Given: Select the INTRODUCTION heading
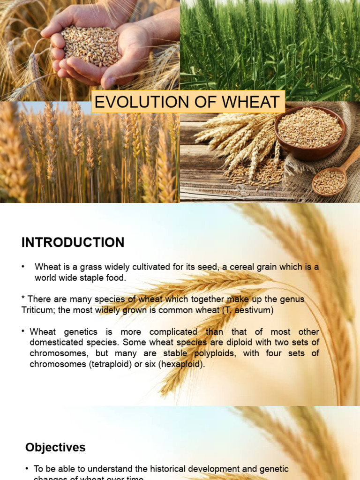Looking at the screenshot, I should [73, 242].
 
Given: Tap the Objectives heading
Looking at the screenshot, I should [55, 447].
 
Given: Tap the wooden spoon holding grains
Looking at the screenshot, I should [330, 181].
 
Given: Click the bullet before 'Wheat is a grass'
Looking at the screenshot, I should [22, 267].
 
